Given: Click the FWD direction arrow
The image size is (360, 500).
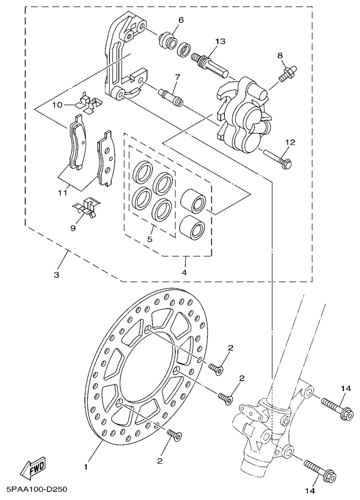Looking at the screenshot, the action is tap(33, 468).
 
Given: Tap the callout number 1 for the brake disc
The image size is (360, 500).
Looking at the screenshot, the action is tap(86, 467).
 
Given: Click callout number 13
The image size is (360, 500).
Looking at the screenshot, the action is tap(220, 41).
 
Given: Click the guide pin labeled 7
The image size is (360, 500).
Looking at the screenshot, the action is tap(171, 96).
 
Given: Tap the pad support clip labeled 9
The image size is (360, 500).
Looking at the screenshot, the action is tap(86, 208).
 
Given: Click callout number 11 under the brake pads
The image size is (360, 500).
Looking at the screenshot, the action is tap(63, 192).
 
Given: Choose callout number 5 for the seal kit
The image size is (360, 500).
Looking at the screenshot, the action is tap(150, 239).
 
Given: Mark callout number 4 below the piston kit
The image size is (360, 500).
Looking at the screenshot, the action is tap(184, 272).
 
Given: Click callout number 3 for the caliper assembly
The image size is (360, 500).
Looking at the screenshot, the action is tap(56, 275).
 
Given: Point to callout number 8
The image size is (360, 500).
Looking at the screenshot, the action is tap(280, 56).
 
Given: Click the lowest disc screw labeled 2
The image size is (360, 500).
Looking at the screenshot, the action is tap(174, 435).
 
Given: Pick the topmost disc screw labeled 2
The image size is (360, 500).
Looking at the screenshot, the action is tap(217, 368).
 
